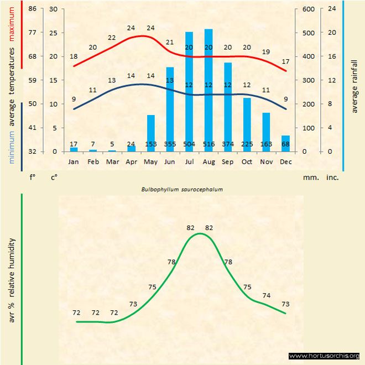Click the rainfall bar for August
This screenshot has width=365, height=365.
208,88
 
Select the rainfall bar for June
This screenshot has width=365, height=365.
170,108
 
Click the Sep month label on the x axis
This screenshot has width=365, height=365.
227,161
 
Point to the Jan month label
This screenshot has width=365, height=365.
74,161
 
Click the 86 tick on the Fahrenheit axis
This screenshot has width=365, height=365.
32,9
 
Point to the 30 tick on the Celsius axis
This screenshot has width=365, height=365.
53,9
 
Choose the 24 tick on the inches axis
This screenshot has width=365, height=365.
332,9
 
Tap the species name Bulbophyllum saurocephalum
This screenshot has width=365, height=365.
182,189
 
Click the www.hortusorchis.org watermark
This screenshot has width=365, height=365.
324,356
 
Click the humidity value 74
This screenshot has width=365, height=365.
266,295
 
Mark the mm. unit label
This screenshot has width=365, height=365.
310,178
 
